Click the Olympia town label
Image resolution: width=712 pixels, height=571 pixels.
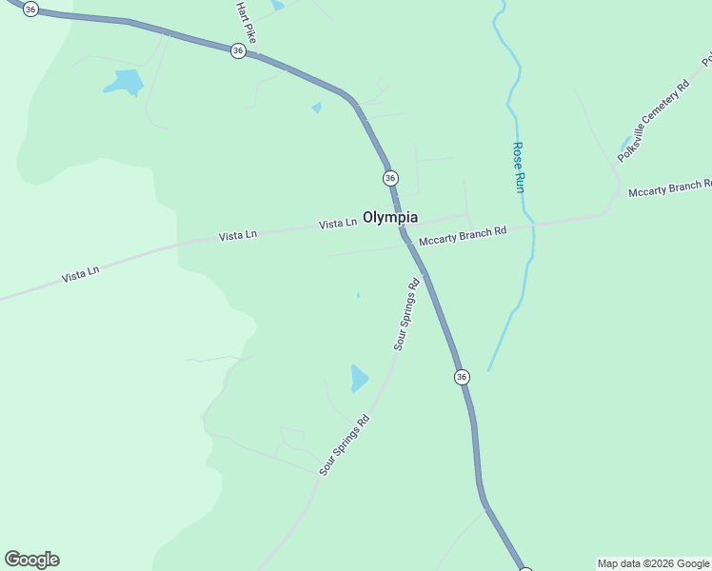[390, 217]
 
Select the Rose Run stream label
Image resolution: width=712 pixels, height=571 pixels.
[519, 167]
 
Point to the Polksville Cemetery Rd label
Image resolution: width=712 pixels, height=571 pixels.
[653, 120]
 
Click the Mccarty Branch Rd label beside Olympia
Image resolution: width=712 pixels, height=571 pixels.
[463, 236]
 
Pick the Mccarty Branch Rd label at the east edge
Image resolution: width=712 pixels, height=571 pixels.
[670, 187]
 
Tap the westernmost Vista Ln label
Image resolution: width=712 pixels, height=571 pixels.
[80, 274]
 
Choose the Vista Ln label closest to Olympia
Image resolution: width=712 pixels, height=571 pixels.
[338, 224]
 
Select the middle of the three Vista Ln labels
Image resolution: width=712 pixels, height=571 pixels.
[238, 235]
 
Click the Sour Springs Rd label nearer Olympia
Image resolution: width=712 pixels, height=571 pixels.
[406, 315]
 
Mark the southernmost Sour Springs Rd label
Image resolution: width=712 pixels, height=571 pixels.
[345, 445]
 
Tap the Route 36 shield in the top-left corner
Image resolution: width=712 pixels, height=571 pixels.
[31, 9]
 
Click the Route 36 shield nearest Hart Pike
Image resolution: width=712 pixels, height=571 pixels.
[238, 51]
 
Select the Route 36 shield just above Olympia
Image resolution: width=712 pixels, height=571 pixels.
[390, 178]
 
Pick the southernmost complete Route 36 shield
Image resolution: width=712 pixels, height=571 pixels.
[462, 377]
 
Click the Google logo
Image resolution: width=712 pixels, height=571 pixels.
[31, 560]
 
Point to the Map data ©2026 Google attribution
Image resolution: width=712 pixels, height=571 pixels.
[653, 563]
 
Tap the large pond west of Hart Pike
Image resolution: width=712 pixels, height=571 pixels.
[123, 83]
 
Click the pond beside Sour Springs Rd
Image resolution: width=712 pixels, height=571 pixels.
[359, 379]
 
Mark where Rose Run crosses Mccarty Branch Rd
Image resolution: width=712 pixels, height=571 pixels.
[531, 225]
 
